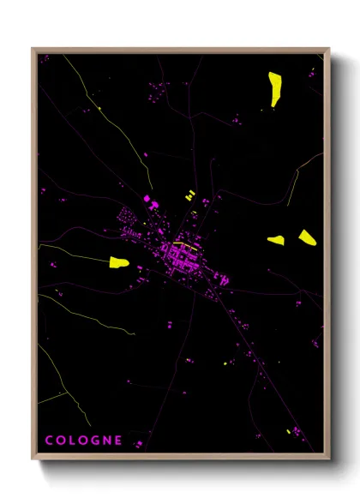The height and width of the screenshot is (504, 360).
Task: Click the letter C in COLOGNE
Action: click(x=49, y=441)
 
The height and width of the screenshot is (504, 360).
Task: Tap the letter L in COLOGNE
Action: click(x=74, y=441)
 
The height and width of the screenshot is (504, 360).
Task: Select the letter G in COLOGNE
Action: click(x=97, y=441)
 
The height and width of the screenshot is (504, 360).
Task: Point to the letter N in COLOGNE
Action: click(x=108, y=441)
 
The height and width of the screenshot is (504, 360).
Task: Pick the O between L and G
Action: click(x=85, y=441)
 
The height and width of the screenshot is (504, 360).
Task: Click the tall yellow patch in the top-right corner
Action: click(x=276, y=87)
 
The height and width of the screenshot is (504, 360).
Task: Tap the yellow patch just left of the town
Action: click(x=118, y=261)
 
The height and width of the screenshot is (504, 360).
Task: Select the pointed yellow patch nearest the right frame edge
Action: click(x=307, y=237)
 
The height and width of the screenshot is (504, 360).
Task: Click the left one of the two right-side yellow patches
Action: click(x=276, y=241)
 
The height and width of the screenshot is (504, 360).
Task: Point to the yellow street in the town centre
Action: click(x=182, y=244)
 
